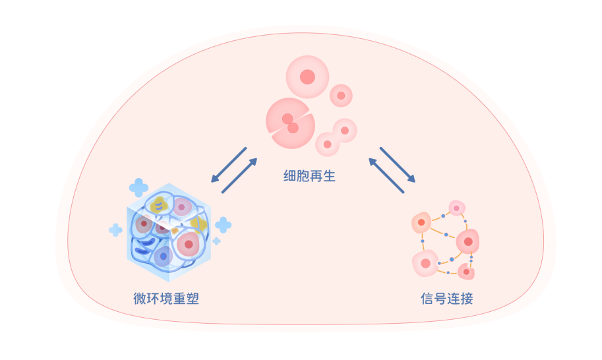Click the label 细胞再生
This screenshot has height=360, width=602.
point(309,176)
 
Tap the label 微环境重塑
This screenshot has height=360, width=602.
point(166,298)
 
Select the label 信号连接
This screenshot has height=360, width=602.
point(447,298)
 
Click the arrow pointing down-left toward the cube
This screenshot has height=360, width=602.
point(229,165)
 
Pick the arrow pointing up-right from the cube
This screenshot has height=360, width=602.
point(239,175)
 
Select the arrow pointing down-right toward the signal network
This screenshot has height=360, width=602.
point(398,165)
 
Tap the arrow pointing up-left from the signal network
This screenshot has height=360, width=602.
point(386,175)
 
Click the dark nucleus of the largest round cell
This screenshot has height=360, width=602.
point(307,76)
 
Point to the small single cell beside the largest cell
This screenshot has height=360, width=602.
point(341,96)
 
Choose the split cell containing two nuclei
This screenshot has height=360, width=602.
point(290,123)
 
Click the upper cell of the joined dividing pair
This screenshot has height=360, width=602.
point(345,131)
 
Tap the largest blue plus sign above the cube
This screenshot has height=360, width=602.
point(138,188)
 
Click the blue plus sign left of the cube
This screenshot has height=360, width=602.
point(115,230)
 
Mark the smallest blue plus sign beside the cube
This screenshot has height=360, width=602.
point(216,241)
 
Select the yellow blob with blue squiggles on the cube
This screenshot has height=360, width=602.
point(160,204)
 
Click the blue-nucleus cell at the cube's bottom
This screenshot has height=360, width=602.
point(164,256)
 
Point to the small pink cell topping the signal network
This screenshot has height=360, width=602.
point(457,208)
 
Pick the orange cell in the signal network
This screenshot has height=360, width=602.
point(421,222)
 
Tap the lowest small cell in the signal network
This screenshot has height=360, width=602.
point(466,272)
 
